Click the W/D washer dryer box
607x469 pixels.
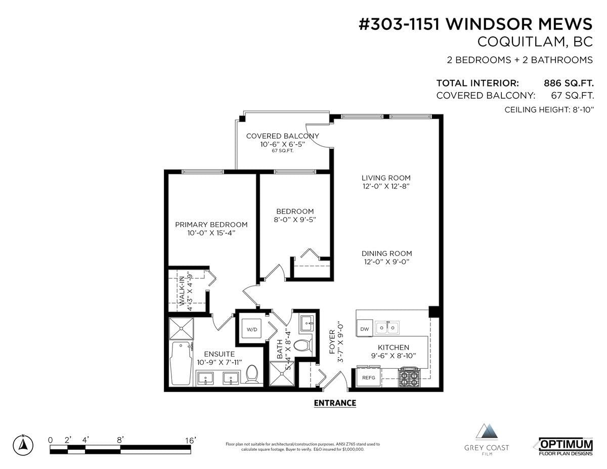click(x=251, y=329)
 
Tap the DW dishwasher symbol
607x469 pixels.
click(x=364, y=328)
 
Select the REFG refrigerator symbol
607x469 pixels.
click(x=368, y=377)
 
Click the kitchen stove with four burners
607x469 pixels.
click(x=409, y=377)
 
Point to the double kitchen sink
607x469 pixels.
click(x=387, y=327)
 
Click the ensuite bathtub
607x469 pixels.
click(x=181, y=363)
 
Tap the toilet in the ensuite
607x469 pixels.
click(x=252, y=374)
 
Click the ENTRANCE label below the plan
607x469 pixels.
click(x=335, y=403)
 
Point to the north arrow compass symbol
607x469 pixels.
click(x=23, y=445)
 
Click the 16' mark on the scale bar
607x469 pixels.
click(x=191, y=441)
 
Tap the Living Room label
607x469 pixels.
click(x=386, y=178)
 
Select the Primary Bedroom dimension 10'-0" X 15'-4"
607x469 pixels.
click(x=211, y=233)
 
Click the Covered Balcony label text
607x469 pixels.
click(x=282, y=136)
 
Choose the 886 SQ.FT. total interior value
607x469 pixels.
click(x=569, y=83)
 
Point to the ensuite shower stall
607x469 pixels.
click(x=181, y=329)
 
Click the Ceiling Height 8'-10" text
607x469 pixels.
click(x=549, y=110)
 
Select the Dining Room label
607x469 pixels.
click(x=386, y=253)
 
